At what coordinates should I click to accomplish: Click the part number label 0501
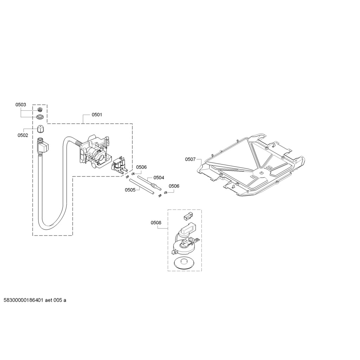point(97,115)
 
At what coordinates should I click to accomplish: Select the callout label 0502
point(23,135)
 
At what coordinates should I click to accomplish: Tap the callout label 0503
point(21,105)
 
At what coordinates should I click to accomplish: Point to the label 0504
point(159,178)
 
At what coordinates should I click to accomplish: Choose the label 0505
point(130,190)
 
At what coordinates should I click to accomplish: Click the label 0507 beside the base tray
point(190,159)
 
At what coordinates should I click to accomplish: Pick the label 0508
point(156,223)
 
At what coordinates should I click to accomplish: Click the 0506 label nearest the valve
point(141,167)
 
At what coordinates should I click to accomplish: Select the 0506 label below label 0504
point(174,186)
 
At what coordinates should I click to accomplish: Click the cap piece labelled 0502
point(41,129)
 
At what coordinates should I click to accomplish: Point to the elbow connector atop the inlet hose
point(43,145)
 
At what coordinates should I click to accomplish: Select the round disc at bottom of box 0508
point(184,262)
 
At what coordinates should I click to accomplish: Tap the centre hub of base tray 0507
point(261,173)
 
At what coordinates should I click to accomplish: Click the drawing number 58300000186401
point(23,300)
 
